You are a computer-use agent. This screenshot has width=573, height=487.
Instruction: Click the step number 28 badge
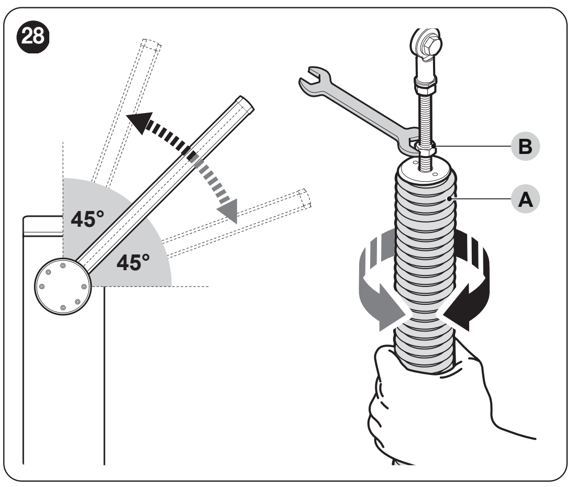click(33, 37)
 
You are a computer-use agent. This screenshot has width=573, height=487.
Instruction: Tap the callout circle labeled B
click(525, 147)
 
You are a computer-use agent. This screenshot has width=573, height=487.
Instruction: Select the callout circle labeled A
click(525, 200)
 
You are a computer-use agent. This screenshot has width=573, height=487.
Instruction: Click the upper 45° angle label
click(88, 219)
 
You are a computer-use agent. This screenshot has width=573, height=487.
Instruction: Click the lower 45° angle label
click(133, 262)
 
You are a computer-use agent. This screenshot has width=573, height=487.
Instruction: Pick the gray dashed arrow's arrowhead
click(228, 211)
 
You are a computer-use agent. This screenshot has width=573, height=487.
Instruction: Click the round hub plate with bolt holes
click(63, 286)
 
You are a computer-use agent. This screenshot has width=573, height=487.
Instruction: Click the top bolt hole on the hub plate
click(63, 265)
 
